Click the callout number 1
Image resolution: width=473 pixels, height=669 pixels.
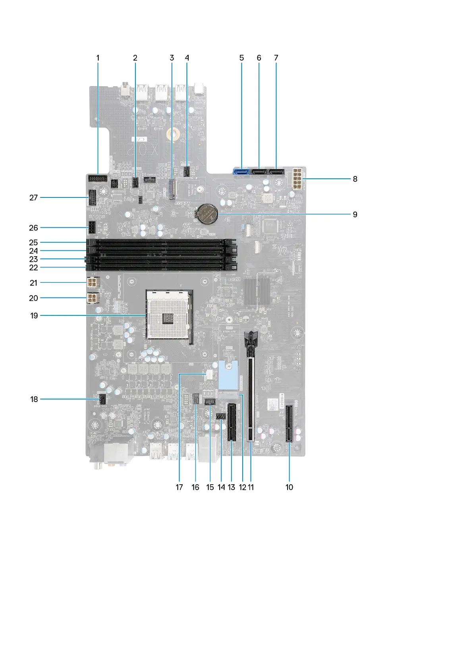coord(98,58)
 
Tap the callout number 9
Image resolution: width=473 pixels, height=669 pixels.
coord(355,215)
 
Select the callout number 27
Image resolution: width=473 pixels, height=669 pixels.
coord(34,197)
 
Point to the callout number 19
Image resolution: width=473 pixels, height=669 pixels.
coord(34,316)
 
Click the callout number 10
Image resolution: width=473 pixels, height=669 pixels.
coord(289,487)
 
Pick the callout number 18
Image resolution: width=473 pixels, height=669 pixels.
coord(34,399)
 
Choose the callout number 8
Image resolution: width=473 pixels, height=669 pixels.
coord(355,179)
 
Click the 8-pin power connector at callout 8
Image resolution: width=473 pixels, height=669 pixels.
coord(297,179)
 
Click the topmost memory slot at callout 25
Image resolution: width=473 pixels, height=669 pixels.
coord(161,242)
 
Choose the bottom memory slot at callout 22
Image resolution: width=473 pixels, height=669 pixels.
coord(161,268)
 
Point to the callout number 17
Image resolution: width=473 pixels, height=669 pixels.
coord(180,487)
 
